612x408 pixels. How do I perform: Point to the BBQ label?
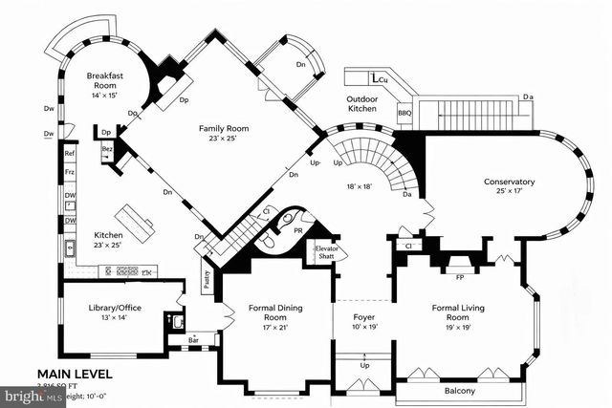pos(405,113)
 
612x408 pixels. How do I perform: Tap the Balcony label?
pos(460,391)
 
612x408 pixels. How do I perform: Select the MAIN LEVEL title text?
pos(75,374)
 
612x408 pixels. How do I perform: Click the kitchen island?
pos(136,223)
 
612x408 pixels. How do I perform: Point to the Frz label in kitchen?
pos(70,172)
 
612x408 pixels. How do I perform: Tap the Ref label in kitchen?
pos(70,153)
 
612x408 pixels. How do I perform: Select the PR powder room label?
pos(297,230)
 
